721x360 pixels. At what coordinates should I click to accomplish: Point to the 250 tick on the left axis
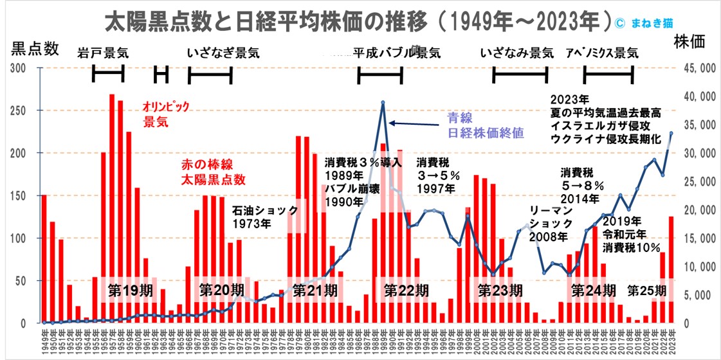click(21, 111)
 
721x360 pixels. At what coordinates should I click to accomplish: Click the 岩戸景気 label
click(103, 53)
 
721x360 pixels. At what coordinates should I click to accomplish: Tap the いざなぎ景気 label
click(223, 53)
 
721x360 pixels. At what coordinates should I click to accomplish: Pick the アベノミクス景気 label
click(601, 53)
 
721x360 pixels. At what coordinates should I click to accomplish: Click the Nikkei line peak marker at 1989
click(383, 103)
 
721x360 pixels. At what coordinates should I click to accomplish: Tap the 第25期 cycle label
click(646, 290)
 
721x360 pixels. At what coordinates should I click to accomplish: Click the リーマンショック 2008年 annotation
click(551, 224)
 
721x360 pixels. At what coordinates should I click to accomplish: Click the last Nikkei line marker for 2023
click(671, 133)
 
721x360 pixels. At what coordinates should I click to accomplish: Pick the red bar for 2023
click(671, 269)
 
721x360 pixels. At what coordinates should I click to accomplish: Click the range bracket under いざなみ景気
click(520, 75)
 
